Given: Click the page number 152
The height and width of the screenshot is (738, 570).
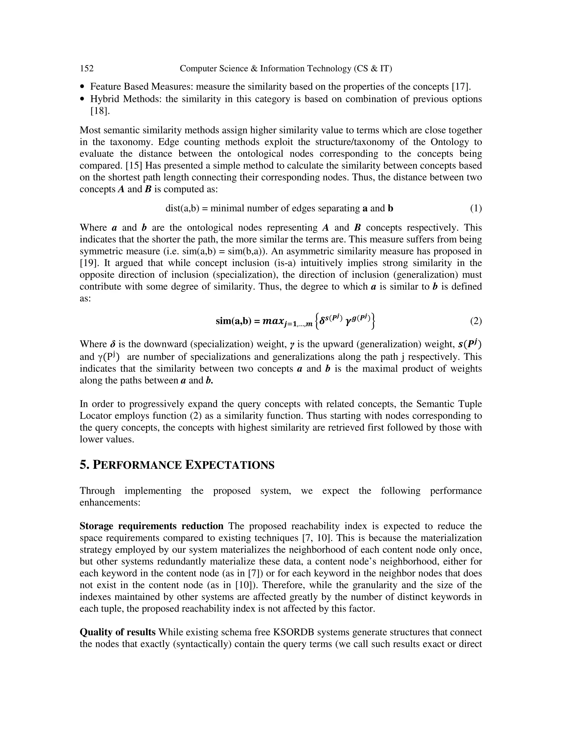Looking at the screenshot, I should pyautogui.click(x=87, y=69).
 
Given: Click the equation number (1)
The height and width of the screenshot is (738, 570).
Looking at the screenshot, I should pyautogui.click(x=476, y=209).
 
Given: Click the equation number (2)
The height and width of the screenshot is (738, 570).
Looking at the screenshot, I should pyautogui.click(x=476, y=321).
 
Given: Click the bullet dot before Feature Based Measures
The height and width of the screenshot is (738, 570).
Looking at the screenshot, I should pyautogui.click(x=83, y=87).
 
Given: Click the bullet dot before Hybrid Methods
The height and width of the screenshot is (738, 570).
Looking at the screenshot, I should pyautogui.click(x=83, y=99).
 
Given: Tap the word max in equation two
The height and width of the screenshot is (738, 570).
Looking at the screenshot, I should pyautogui.click(x=272, y=321).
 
